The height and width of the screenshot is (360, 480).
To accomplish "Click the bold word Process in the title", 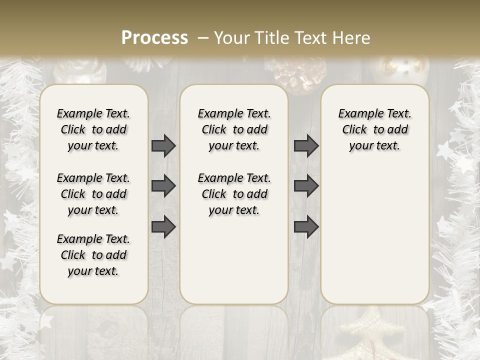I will (x=154, y=38).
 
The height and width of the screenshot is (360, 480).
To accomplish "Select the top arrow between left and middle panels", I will (x=163, y=146).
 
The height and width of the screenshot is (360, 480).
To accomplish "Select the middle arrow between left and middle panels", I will (x=163, y=186).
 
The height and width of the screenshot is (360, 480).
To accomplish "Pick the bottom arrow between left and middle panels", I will (x=163, y=226).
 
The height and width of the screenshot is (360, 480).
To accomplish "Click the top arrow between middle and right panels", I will (x=306, y=146).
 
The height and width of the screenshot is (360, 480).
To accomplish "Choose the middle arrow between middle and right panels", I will (x=306, y=186).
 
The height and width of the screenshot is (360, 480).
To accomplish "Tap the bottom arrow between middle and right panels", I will (x=306, y=226).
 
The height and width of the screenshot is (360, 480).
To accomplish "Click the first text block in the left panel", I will (x=93, y=129).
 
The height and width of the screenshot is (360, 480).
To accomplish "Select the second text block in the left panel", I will (x=93, y=194).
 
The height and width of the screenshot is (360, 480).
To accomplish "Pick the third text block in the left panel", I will (x=93, y=255).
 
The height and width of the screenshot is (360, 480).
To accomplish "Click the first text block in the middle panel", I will (x=234, y=129).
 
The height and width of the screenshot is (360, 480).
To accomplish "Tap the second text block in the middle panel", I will (x=234, y=194).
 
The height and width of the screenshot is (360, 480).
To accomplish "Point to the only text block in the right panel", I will (x=375, y=129).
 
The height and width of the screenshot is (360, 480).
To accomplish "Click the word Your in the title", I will (x=230, y=38).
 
